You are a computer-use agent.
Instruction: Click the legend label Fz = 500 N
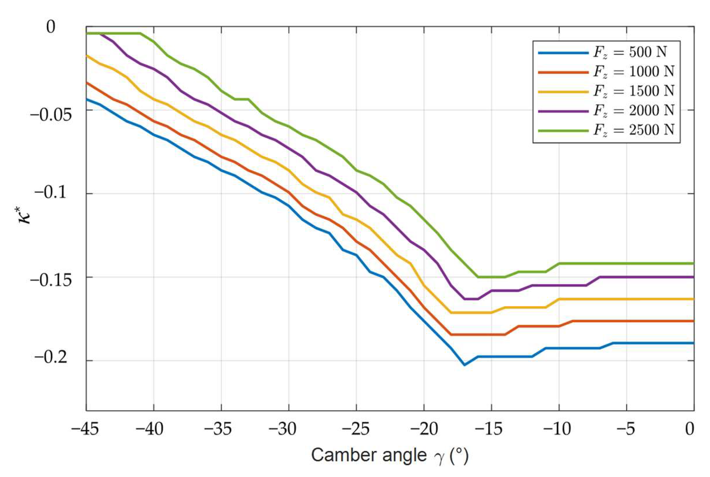click(x=630, y=53)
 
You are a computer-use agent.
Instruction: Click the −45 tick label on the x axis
click(x=85, y=429)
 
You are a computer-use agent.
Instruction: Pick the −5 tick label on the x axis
click(x=626, y=429)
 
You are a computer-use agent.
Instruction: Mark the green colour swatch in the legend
click(x=563, y=131)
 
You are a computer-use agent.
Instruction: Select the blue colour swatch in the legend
click(x=563, y=53)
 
